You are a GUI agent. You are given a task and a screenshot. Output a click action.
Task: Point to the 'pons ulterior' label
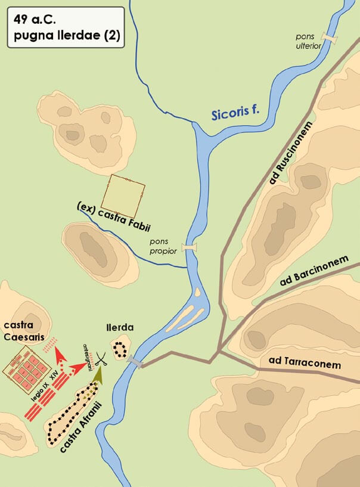(309, 41)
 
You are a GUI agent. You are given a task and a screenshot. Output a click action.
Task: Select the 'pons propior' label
(163, 247)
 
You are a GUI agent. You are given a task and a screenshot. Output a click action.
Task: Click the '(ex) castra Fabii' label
(114, 216)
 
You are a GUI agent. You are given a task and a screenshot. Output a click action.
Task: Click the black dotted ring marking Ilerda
(122, 349)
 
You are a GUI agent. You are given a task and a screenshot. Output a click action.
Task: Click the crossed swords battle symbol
(103, 359)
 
